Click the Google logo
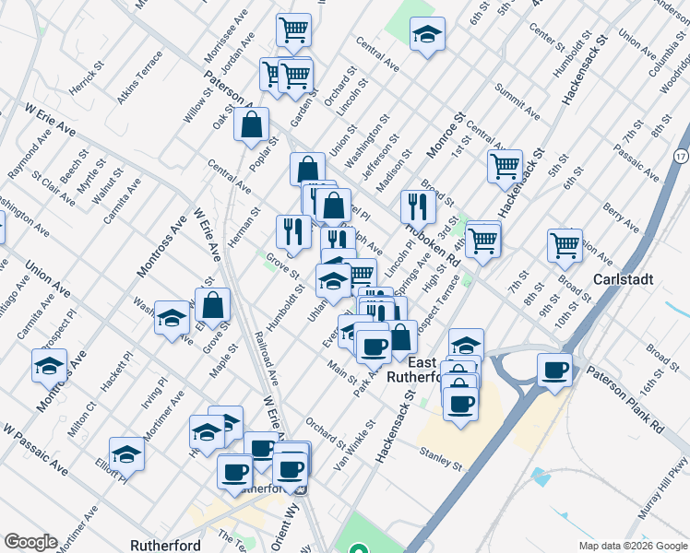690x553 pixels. click(x=30, y=542)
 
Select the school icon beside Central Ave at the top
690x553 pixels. click(x=426, y=35)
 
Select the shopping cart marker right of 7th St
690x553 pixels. click(x=565, y=244)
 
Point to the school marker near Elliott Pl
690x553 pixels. click(x=126, y=453)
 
